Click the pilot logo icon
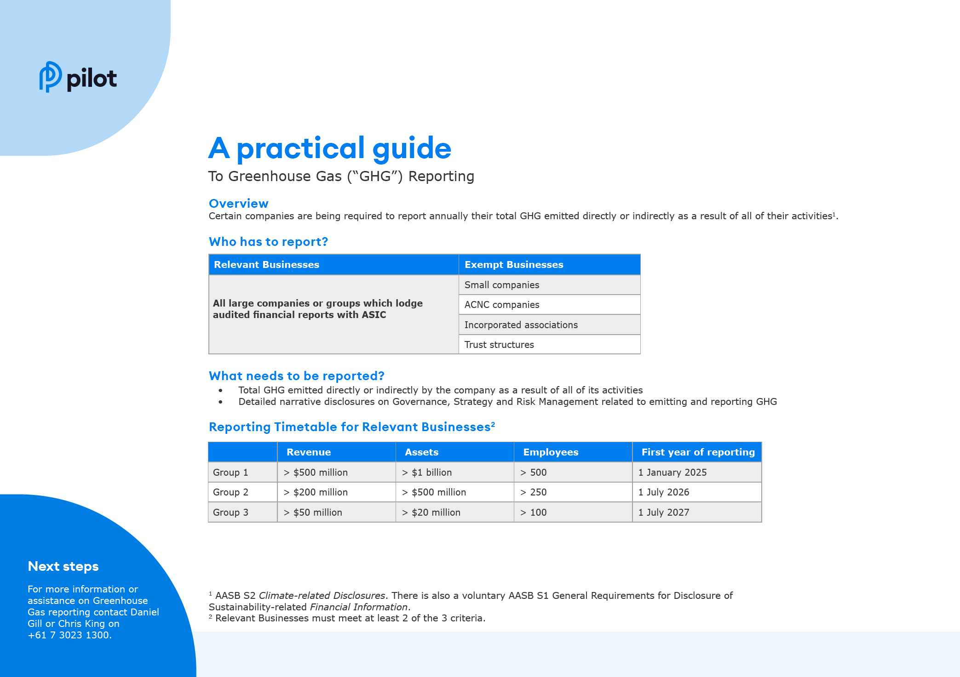pyautogui.click(x=50, y=77)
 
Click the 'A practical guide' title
pyautogui.click(x=329, y=148)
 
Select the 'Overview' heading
pyautogui.click(x=238, y=203)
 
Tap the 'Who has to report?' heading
pyautogui.click(x=268, y=242)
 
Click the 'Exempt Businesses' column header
pyautogui.click(x=513, y=265)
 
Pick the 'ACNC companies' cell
pyautogui.click(x=501, y=305)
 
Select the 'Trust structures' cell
pyautogui.click(x=499, y=345)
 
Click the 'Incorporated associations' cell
pyautogui.click(x=521, y=325)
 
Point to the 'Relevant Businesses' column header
pyautogui.click(x=266, y=265)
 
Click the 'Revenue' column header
pyautogui.click(x=308, y=452)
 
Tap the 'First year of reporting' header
pyautogui.click(x=698, y=452)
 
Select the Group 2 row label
pyautogui.click(x=230, y=492)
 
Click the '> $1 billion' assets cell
pyautogui.click(x=427, y=472)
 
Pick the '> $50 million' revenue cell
pyautogui.click(x=313, y=512)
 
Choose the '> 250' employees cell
pyautogui.click(x=534, y=492)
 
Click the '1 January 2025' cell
pyautogui.click(x=672, y=472)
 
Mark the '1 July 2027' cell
pyautogui.click(x=663, y=512)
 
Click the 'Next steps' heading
pyautogui.click(x=63, y=566)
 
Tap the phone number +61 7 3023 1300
pyautogui.click(x=69, y=635)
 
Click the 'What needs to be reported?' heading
pyautogui.click(x=296, y=376)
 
